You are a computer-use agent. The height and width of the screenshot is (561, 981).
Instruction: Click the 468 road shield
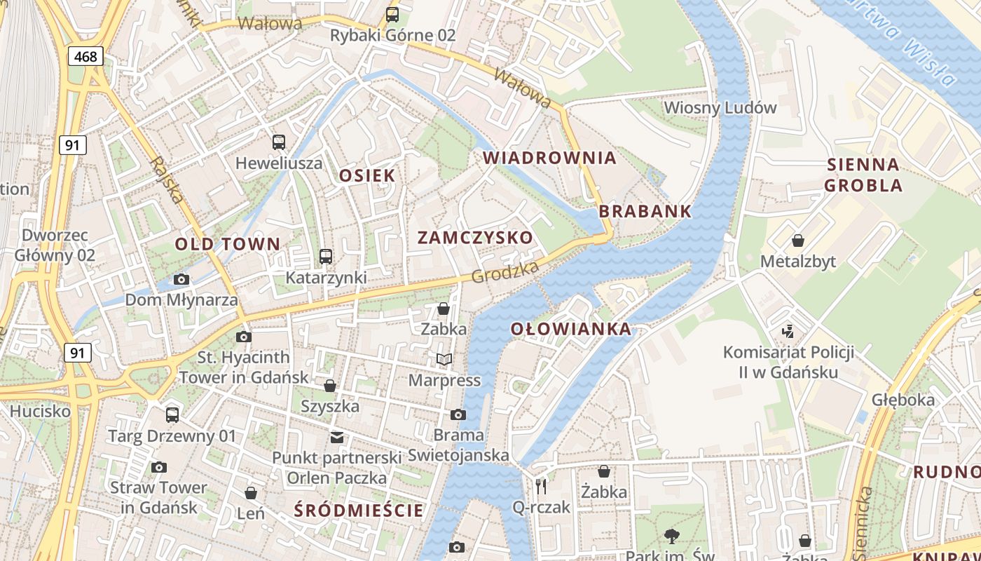pyautogui.click(x=85, y=56)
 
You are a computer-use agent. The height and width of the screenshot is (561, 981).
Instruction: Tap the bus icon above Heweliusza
pyautogui.click(x=279, y=142)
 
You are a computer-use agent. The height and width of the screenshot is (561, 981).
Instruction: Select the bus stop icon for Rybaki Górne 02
pyautogui.click(x=392, y=14)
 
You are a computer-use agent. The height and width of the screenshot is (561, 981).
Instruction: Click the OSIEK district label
pyautogui.click(x=367, y=175)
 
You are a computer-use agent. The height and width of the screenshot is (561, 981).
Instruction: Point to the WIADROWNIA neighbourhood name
pyautogui.click(x=549, y=158)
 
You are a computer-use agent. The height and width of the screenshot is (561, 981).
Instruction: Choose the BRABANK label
pyautogui.click(x=645, y=211)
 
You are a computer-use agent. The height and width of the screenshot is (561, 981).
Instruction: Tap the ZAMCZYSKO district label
pyautogui.click(x=475, y=238)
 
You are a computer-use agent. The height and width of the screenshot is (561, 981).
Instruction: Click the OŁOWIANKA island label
pyautogui.click(x=570, y=329)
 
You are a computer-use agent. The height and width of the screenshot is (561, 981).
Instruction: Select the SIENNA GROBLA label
pyautogui.click(x=863, y=175)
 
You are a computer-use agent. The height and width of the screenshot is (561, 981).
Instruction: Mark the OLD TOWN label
pyautogui.click(x=227, y=245)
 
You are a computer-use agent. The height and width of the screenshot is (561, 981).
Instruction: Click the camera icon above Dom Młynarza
pyautogui.click(x=181, y=280)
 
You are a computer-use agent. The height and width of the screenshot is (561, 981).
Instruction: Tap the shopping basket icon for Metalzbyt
pyautogui.click(x=798, y=241)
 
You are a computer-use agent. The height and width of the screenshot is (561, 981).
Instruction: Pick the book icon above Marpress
pyautogui.click(x=444, y=360)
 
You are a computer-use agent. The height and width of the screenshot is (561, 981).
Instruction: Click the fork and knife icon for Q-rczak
pyautogui.click(x=541, y=486)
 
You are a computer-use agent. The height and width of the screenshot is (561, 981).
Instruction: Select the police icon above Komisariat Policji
pyautogui.click(x=788, y=330)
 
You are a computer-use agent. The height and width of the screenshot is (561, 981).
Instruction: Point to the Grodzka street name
pyautogui.click(x=505, y=272)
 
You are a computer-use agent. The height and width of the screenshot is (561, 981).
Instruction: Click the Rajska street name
pyautogui.click(x=167, y=180)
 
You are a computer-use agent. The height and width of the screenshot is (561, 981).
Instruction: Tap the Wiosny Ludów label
pyautogui.click(x=720, y=108)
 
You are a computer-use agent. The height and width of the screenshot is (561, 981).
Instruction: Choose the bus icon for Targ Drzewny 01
pyautogui.click(x=172, y=415)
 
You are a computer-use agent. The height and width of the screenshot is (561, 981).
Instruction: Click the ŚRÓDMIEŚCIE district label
pyautogui.click(x=359, y=511)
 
